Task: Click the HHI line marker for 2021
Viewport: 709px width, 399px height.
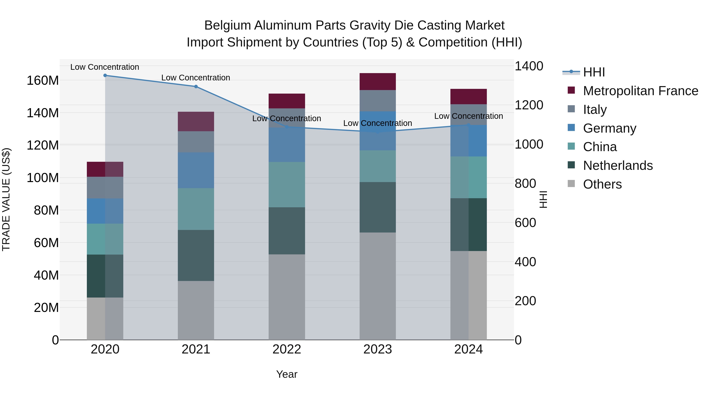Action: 196,86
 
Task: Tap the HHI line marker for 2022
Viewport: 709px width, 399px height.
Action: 287,127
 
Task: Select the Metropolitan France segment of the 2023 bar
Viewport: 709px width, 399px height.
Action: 378,82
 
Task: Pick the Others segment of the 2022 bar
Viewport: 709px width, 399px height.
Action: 287,297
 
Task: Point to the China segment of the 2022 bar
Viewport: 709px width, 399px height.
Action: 287,184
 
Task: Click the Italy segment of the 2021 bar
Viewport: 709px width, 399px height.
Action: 196,142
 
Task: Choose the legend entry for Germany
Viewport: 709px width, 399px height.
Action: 609,128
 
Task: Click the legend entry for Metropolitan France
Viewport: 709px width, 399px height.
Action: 640,91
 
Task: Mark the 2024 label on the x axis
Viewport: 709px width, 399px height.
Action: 469,349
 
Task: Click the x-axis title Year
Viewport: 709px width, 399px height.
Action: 287,374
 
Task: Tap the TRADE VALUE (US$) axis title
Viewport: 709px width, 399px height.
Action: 6,199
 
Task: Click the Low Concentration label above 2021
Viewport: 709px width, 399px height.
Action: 196,78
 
